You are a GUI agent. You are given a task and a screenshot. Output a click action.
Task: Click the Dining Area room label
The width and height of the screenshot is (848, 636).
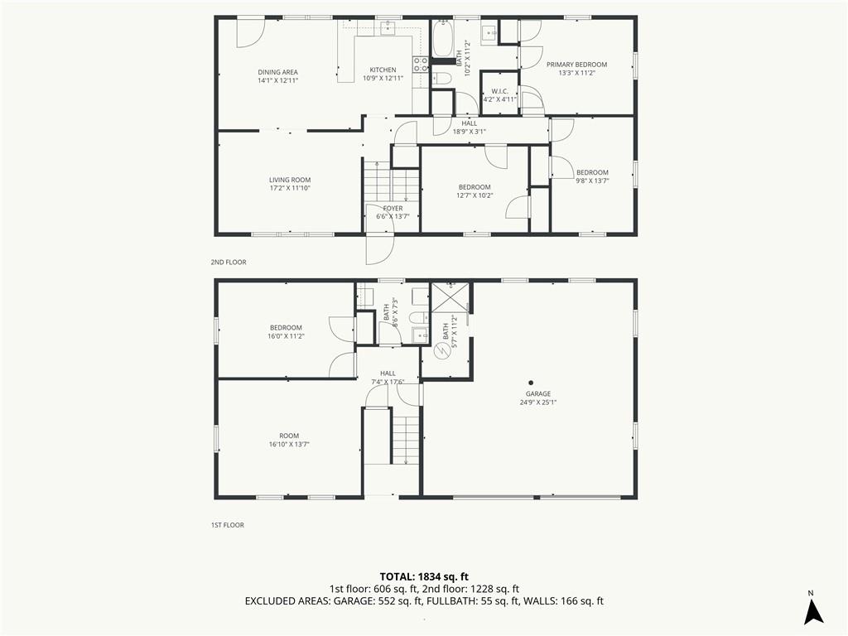pos(278,72)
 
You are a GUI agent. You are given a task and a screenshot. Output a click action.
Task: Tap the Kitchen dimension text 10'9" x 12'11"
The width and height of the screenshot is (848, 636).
pos(383,79)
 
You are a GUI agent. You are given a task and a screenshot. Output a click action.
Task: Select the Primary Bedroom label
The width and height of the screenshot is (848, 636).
pos(576,65)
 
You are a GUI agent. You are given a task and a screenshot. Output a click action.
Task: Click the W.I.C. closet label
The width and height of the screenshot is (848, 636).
pos(499,91)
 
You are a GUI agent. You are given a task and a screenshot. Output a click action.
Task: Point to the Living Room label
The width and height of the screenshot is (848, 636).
pos(290,180)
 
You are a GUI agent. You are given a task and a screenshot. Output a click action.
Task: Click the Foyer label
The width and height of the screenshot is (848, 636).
pos(393,208)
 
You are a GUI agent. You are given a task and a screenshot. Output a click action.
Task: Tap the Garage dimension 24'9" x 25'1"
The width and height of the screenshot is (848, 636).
pos(538,402)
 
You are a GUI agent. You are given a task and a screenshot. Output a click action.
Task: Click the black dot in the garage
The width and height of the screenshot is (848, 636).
pos(531,383)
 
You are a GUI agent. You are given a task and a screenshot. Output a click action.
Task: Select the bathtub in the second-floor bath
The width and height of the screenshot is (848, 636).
pos(443,38)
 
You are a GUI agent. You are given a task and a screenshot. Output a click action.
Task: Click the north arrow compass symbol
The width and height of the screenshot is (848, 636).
pos(813,612)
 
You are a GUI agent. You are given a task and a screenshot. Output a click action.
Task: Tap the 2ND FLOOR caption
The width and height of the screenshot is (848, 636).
pos(229,263)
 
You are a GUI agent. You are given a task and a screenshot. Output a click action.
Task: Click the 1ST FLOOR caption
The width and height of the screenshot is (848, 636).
pos(227,525)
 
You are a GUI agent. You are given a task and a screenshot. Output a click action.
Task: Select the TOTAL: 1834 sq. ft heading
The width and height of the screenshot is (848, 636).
pos(423,576)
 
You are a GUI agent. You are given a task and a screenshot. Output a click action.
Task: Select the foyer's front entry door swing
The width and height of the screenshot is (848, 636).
pos(380,250)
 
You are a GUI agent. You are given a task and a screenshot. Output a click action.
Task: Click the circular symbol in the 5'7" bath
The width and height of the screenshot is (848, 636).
pos(443,350)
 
